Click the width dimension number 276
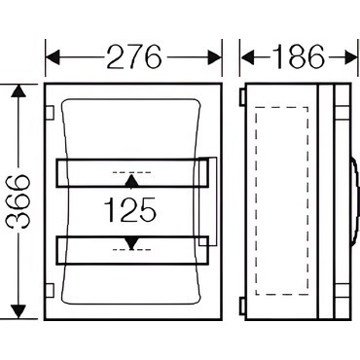click(133, 56)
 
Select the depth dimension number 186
click(299, 56)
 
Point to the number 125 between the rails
click(129, 209)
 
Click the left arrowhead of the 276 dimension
click(53, 57)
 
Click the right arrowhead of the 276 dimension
click(214, 57)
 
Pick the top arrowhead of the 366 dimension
click(18, 90)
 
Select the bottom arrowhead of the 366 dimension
click(18, 312)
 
